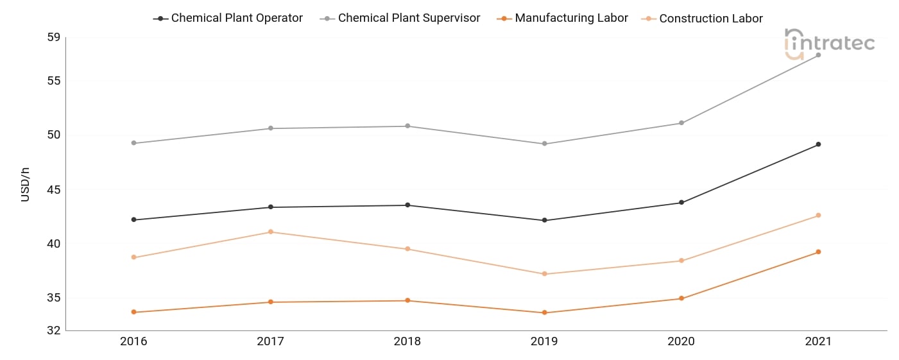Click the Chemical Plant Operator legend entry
pyautogui.click(x=228, y=19)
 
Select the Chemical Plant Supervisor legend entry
pyautogui.click(x=400, y=19)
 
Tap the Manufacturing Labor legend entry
pyautogui.click(x=562, y=19)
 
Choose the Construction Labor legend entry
pyautogui.click(x=702, y=19)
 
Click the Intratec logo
pyautogui.click(x=829, y=44)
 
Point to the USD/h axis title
pyautogui.click(x=25, y=185)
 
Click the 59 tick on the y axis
pyautogui.click(x=54, y=37)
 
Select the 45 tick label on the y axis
pyautogui.click(x=54, y=189)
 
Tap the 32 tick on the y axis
pyautogui.click(x=54, y=330)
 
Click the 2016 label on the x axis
pyautogui.click(x=133, y=341)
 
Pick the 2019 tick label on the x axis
pyautogui.click(x=544, y=341)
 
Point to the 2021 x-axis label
pyautogui.click(x=818, y=341)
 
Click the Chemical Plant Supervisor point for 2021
pyautogui.click(x=818, y=55)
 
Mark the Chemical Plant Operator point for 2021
pyautogui.click(x=818, y=144)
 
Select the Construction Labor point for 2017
pyautogui.click(x=271, y=232)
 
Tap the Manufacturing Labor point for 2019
pyautogui.click(x=545, y=313)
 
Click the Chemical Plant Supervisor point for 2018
pyautogui.click(x=407, y=126)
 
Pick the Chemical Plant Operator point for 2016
pyautogui.click(x=133, y=220)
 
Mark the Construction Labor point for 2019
pyautogui.click(x=545, y=274)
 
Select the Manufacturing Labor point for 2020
pyautogui.click(x=681, y=298)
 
